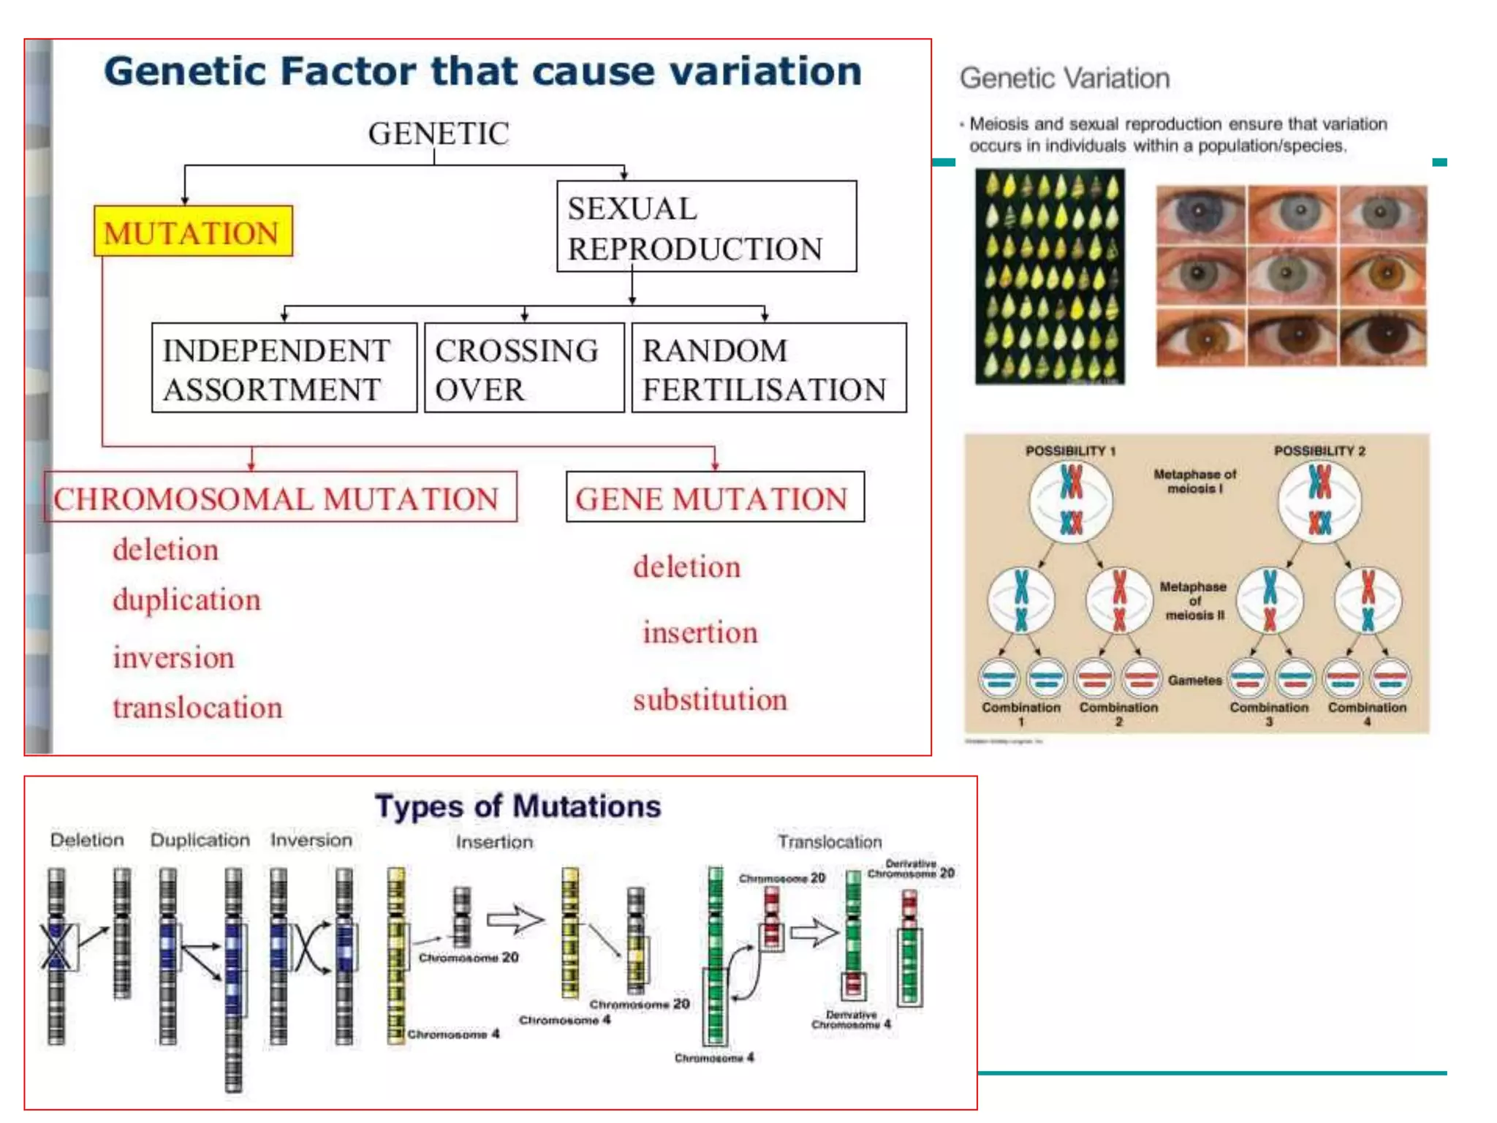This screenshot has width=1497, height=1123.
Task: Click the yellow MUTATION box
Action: click(x=193, y=231)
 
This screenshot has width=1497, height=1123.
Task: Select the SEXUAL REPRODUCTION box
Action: click(x=706, y=227)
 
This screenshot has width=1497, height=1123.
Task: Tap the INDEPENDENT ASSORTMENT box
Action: click(x=284, y=368)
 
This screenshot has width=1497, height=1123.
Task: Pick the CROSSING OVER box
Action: click(x=524, y=368)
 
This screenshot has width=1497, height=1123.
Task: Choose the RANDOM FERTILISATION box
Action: click(x=768, y=368)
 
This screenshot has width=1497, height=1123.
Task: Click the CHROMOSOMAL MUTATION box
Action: click(x=280, y=497)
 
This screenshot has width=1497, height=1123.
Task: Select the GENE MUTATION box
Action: click(x=714, y=497)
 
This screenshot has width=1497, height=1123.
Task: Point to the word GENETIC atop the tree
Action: click(x=438, y=134)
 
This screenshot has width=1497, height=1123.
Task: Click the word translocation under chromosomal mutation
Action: click(x=197, y=708)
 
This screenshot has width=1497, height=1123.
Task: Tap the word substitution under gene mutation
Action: click(x=710, y=700)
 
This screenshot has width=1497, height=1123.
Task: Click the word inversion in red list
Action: click(x=173, y=657)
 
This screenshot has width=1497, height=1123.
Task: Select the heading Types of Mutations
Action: click(x=518, y=806)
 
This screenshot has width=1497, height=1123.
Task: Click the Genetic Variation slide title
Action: click(x=1064, y=78)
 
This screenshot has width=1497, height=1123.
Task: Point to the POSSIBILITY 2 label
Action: click(x=1319, y=450)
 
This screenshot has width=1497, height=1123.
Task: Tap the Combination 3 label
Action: click(x=1269, y=713)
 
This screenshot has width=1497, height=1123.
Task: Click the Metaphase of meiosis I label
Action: click(x=1194, y=481)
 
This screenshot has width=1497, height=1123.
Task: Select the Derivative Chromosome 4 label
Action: click(x=851, y=1019)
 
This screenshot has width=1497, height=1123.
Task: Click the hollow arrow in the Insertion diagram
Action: click(x=515, y=920)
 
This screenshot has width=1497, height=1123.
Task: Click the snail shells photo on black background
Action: click(x=1050, y=276)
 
